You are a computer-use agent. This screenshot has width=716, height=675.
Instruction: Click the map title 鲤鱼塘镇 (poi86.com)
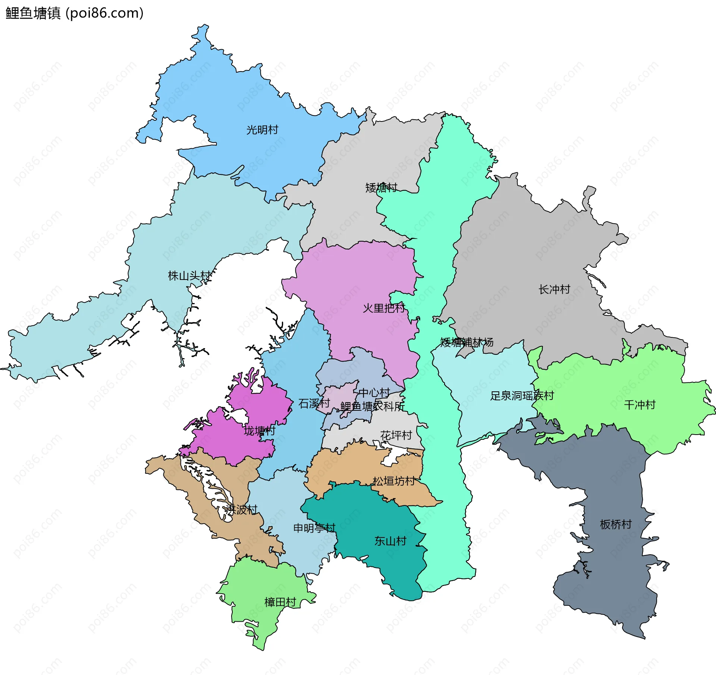point(75,13)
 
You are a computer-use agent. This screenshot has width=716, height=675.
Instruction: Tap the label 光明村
point(262,130)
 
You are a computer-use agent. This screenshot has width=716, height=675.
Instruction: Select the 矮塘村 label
point(381,187)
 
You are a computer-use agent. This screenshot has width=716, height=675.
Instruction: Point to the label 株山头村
point(190,276)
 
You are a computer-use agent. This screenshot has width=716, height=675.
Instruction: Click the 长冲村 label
point(554,289)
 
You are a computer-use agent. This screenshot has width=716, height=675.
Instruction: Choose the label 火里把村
point(384,308)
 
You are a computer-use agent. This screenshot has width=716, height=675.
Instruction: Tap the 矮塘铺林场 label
point(467,342)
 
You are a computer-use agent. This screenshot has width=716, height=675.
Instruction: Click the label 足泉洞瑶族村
point(522,396)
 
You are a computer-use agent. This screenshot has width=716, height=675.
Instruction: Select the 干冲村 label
point(640,405)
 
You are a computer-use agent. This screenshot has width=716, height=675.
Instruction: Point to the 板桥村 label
point(616,524)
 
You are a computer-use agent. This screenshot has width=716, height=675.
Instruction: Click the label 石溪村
point(314,403)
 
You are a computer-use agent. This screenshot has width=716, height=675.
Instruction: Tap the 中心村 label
point(374,393)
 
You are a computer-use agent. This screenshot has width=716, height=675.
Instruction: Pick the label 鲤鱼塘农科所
point(372,406)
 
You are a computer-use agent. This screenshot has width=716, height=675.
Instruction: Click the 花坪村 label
point(396,435)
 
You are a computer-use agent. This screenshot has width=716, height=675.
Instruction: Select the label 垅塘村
point(260,431)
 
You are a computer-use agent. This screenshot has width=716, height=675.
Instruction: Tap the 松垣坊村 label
point(394,481)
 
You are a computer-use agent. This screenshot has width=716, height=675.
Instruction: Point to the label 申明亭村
point(314,528)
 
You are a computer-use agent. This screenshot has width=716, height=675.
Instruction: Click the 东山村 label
point(390,541)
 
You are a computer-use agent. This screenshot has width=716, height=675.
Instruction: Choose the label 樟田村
point(280,602)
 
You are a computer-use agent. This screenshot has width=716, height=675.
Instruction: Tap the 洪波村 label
point(242,510)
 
